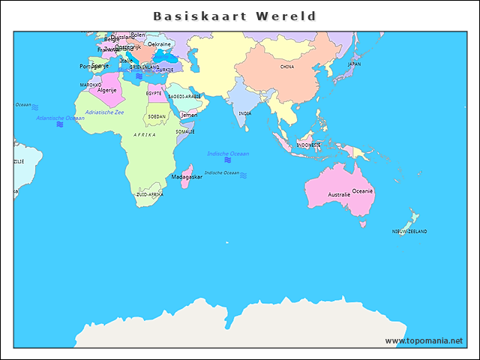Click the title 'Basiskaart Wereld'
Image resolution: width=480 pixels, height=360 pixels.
[x=235, y=16]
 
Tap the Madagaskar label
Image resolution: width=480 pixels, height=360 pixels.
[x=187, y=177]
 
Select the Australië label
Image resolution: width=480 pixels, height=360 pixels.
[x=339, y=195]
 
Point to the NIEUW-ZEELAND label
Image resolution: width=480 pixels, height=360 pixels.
[x=409, y=232]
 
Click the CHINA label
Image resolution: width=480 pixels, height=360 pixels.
[x=287, y=67]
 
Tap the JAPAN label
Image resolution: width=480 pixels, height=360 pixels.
[x=354, y=64]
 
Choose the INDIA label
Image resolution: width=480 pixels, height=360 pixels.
[x=245, y=113]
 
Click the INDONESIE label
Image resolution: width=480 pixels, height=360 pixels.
[x=308, y=145]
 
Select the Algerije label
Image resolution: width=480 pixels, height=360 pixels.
[x=107, y=90]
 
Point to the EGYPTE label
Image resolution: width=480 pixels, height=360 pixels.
[x=154, y=94]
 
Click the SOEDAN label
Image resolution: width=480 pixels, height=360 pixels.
[x=157, y=117]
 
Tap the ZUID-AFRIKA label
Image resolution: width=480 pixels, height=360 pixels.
[x=149, y=194]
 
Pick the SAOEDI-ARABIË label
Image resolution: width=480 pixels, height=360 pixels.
[x=184, y=96]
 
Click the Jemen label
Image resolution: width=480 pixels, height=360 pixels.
[x=189, y=115]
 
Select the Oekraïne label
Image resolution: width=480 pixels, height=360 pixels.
[x=159, y=44]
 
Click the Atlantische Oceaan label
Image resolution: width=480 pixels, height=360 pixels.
[x=60, y=118]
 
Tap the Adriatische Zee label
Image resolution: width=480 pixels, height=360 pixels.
[x=105, y=112]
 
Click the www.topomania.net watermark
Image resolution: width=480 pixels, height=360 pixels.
[x=424, y=340]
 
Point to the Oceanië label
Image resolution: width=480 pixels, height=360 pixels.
[x=363, y=191]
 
